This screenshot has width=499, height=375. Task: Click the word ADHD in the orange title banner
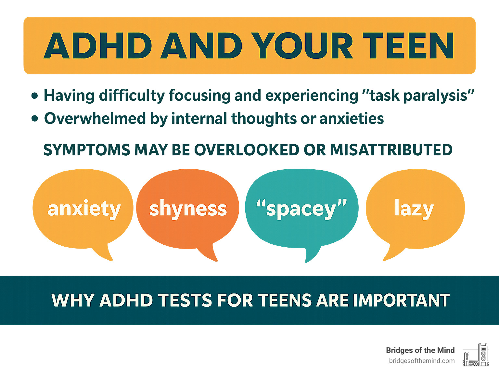(98, 45)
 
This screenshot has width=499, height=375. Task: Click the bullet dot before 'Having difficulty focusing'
(35, 96)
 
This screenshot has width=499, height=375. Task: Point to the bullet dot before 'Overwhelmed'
(35, 119)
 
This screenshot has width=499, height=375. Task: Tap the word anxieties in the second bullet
(352, 118)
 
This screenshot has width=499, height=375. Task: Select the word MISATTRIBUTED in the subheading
(391, 150)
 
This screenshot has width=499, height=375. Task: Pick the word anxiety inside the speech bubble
(84, 209)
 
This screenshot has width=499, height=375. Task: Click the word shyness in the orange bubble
(188, 209)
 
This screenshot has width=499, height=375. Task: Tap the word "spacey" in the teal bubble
(301, 209)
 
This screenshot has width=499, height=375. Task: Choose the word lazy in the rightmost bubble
(414, 209)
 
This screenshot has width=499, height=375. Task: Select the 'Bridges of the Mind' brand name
(420, 350)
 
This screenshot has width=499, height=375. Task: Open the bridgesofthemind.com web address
(422, 361)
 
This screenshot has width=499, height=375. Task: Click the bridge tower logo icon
(476, 355)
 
